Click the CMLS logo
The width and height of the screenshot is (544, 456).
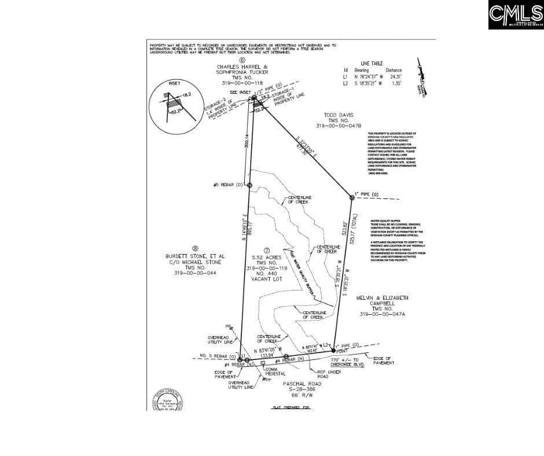coord(515,15)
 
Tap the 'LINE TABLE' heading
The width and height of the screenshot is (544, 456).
coord(372,63)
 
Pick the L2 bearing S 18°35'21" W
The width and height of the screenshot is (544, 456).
coord(366,83)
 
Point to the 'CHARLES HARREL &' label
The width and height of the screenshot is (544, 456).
coord(242,67)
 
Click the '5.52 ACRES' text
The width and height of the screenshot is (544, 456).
coord(267,256)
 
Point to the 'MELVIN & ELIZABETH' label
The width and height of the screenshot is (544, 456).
coord(386,297)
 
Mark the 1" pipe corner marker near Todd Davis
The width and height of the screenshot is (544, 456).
coord(352,198)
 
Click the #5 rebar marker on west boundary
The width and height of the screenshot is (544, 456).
coord(249,185)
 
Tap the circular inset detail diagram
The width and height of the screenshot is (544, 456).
coord(174,105)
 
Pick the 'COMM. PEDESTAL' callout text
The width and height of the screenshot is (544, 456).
coord(275,372)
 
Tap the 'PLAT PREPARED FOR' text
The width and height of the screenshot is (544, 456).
coord(291,408)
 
